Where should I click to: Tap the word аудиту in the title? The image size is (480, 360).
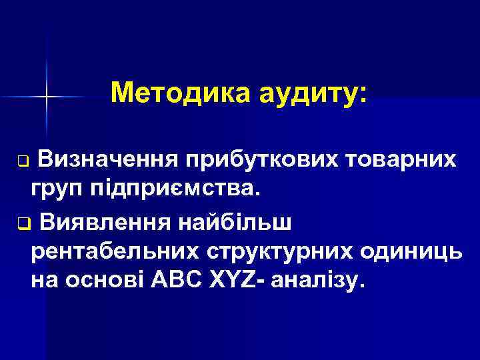(304, 93)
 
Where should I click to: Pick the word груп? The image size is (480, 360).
(59, 190)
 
